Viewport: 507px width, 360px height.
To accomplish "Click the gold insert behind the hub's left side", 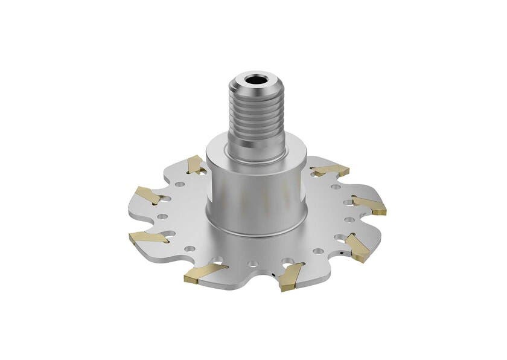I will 194,164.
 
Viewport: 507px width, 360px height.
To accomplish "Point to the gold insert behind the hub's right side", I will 329,171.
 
